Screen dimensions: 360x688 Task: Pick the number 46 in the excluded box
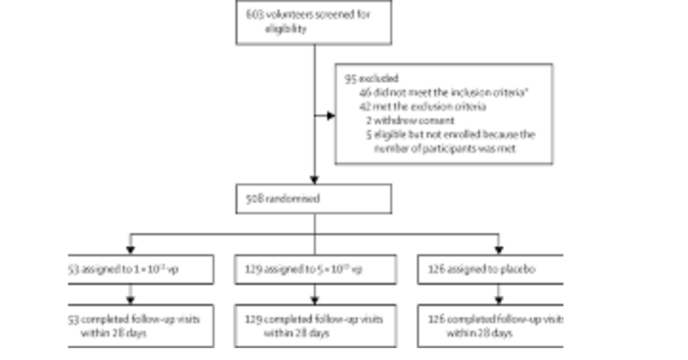(x=365, y=93)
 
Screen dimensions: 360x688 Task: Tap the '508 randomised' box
(x=313, y=198)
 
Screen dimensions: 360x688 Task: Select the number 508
(x=251, y=199)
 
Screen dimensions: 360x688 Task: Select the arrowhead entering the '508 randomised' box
(x=314, y=180)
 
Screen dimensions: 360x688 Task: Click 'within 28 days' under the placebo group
(x=479, y=333)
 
